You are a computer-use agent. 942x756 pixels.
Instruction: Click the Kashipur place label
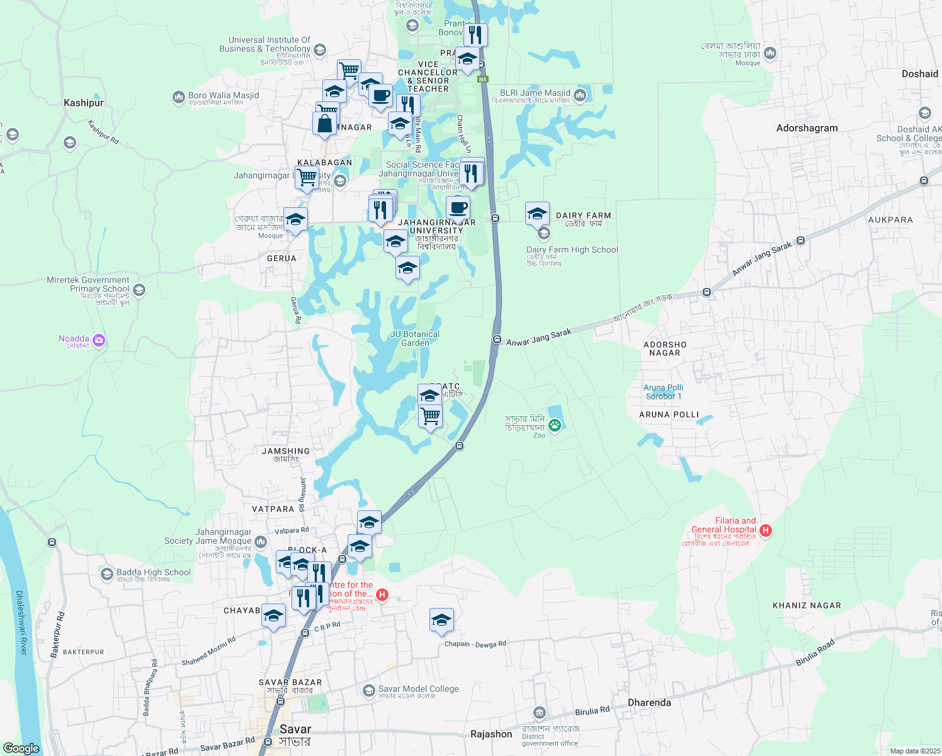[x=84, y=103]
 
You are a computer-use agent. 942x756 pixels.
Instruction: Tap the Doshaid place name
[x=919, y=74]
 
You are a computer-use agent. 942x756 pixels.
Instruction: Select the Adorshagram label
[x=807, y=128]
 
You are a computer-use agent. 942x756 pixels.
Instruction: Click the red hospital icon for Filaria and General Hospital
[x=766, y=530]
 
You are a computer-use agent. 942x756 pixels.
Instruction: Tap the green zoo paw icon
[x=555, y=425]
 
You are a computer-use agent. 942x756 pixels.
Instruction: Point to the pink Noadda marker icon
[x=99, y=341]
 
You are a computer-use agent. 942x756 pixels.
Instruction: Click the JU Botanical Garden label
[x=415, y=338]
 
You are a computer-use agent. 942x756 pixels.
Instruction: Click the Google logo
[x=21, y=748]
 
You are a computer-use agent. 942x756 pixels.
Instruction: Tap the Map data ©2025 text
[x=914, y=751]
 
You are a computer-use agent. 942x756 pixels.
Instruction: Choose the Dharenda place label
[x=649, y=702]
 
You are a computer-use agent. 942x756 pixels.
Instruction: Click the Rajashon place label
[x=491, y=734]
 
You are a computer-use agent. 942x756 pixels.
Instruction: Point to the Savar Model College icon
[x=369, y=691]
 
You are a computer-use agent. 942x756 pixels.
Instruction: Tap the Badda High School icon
[x=107, y=574]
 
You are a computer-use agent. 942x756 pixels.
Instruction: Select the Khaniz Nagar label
[x=807, y=605]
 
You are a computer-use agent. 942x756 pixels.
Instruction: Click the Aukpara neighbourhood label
[x=890, y=220]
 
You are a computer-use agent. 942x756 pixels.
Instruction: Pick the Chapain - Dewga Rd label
[x=475, y=644]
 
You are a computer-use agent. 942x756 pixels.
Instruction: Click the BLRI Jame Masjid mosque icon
[x=580, y=95]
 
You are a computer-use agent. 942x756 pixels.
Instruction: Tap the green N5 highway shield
[x=483, y=79]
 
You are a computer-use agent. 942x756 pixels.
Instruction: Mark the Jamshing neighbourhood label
[x=286, y=451]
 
